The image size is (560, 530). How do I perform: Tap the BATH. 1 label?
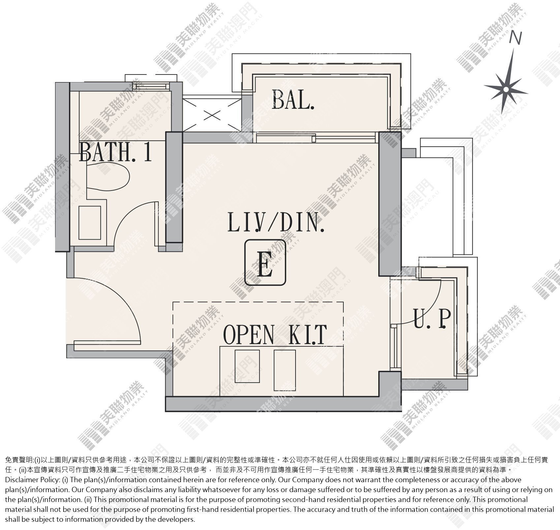click(116, 152)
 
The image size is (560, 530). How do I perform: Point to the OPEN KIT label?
click(275, 334)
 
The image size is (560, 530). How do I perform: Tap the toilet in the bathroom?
click(108, 176)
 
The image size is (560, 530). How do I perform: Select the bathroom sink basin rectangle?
click(90, 223)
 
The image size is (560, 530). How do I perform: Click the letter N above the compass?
click(515, 38)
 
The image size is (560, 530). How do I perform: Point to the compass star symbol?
click(506, 88)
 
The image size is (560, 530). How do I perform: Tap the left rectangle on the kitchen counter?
click(247, 366)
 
